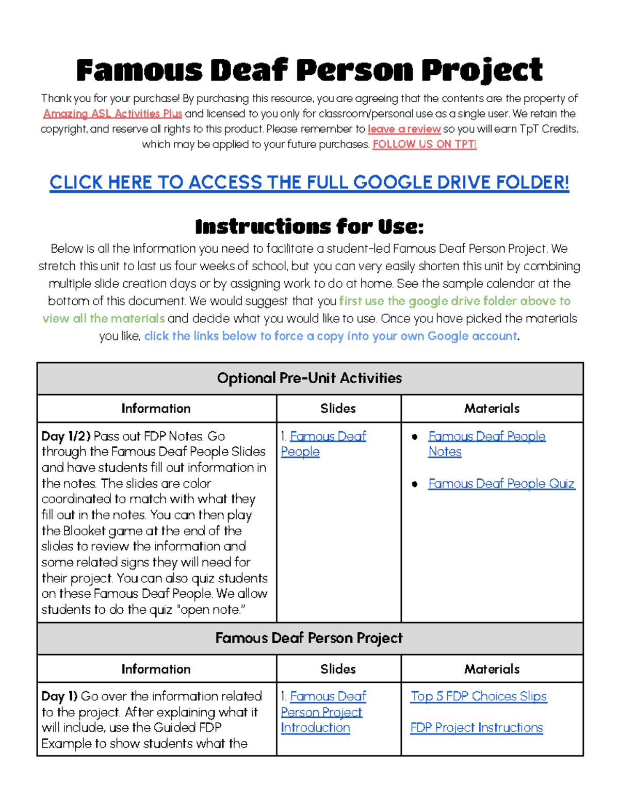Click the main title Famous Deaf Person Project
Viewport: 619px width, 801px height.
(x=309, y=70)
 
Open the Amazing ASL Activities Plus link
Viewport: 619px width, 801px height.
(x=112, y=113)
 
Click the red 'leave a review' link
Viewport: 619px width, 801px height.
(x=404, y=129)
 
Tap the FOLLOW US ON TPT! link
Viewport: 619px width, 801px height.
(x=424, y=144)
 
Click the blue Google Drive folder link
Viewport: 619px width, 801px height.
(x=309, y=183)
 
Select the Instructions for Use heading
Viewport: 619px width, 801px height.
(x=309, y=226)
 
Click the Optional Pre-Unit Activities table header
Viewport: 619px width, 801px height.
(x=309, y=378)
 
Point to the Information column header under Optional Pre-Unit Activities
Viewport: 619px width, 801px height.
(x=156, y=408)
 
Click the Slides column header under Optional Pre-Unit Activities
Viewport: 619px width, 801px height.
(x=338, y=408)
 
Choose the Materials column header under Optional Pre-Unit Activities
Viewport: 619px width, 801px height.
(x=492, y=408)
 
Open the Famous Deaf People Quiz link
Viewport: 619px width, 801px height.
(x=501, y=484)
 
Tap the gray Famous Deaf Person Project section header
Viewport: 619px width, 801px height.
(x=309, y=639)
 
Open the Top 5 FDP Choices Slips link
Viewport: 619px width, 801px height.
(x=478, y=696)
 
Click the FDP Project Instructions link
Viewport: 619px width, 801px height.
(x=476, y=728)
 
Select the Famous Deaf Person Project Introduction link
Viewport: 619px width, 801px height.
(x=321, y=712)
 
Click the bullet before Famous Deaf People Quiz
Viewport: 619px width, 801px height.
(x=415, y=484)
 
